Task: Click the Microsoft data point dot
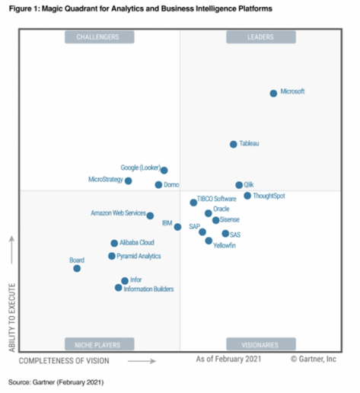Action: (x=273, y=93)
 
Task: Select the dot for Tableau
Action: (x=233, y=144)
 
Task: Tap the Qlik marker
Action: (x=239, y=185)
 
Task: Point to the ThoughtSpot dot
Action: (x=247, y=196)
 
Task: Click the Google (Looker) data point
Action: (x=164, y=171)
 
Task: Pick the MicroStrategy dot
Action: (x=128, y=181)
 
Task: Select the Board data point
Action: (x=76, y=268)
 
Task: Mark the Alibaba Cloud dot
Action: (x=114, y=243)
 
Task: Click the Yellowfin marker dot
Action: (x=209, y=241)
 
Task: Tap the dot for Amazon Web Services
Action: (x=150, y=216)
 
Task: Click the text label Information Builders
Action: (x=148, y=289)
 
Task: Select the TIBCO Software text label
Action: (x=217, y=199)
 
